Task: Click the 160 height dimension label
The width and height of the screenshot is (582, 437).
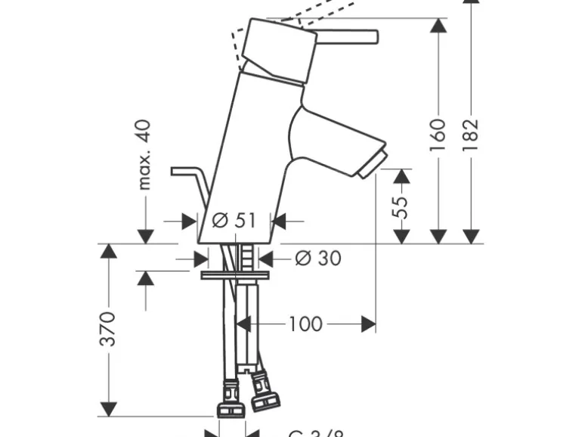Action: click(x=438, y=134)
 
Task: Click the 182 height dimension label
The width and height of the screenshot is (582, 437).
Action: click(x=470, y=134)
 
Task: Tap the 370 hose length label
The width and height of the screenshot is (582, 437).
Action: click(x=109, y=328)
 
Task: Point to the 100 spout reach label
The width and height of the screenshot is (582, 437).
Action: click(x=305, y=324)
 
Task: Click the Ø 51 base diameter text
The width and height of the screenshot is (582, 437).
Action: click(x=234, y=221)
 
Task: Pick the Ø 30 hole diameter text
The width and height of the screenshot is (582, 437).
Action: click(x=317, y=259)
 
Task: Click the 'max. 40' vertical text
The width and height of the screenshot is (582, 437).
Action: click(x=144, y=154)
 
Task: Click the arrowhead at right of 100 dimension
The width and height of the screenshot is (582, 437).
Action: click(x=369, y=324)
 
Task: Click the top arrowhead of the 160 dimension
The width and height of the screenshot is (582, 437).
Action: click(x=438, y=26)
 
